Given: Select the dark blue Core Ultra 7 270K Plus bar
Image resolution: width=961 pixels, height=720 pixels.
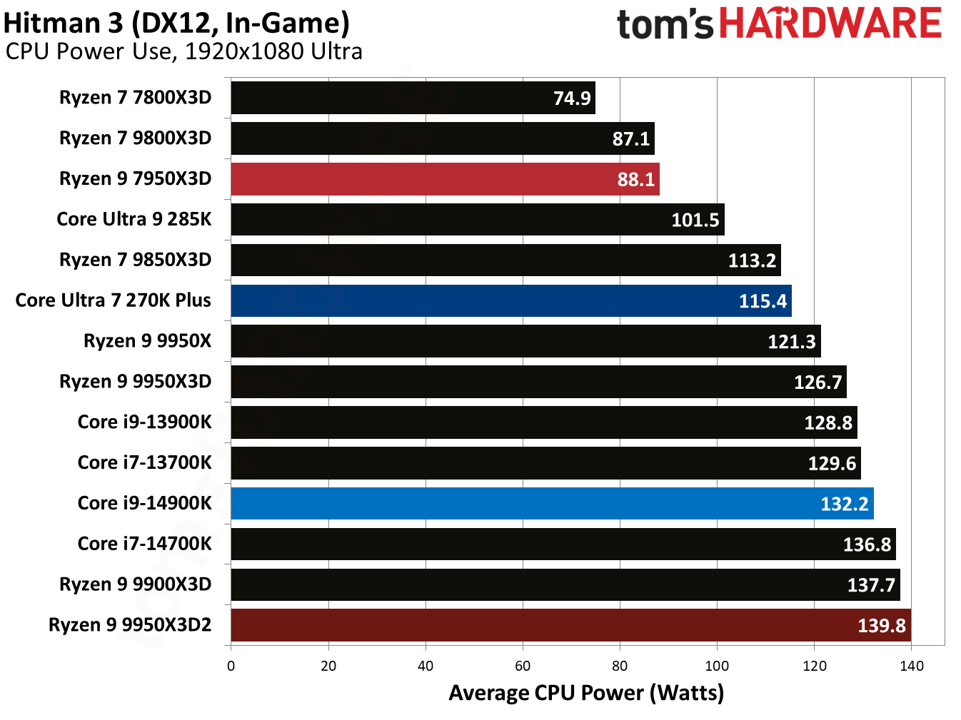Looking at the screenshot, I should coord(510,300).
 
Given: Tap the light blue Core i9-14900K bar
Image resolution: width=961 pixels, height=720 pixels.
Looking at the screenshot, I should coord(551,504).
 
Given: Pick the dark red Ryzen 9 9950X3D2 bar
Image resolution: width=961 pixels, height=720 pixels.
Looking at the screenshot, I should coord(570,625).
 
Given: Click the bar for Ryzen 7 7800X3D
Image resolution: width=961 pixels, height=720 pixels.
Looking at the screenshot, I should coord(413,98).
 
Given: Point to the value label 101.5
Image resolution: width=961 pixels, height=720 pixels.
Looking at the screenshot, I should coord(695,220).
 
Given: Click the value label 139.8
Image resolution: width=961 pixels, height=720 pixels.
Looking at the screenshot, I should coord(881,626).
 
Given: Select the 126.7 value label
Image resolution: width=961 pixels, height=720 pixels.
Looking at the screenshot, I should coord(817,382).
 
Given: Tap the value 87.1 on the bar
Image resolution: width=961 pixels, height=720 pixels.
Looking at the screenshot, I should coord(631,138).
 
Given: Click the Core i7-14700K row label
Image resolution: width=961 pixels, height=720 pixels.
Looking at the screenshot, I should coord(144,544).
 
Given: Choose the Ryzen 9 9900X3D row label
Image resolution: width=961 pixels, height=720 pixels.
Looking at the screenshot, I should coord(135,584).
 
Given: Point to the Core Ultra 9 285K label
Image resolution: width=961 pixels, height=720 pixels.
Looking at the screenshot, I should coord(134,219).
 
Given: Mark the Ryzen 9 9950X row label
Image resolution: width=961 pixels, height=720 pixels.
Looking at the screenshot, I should coord(147,341).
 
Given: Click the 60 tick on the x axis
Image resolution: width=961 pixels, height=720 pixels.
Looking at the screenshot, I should coord(523,666).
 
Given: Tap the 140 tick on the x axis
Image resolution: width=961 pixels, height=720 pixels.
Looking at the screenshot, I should coord(911,666).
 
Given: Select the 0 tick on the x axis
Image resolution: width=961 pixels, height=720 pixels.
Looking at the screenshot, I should coord(231,666).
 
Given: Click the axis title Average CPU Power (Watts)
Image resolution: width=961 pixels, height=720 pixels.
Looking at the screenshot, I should coord(586,693).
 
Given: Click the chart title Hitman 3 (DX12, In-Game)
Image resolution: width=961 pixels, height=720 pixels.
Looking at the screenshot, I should coord(176,23).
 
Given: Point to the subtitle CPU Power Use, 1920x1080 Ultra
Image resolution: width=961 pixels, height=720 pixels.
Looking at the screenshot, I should coord(183,51).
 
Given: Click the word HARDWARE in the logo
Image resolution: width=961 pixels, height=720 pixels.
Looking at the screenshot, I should coord(830,24).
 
